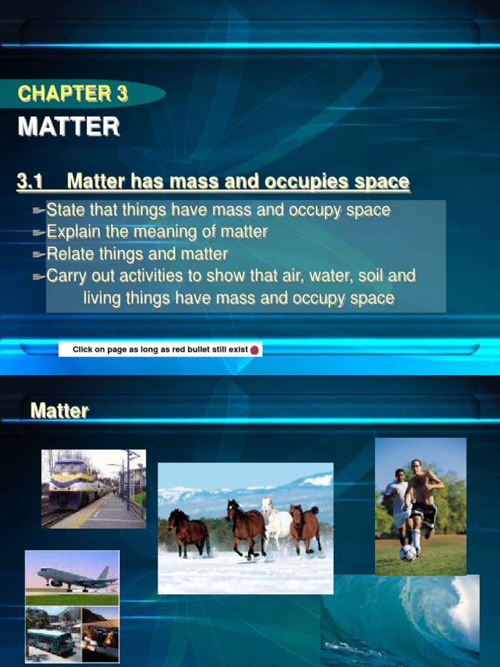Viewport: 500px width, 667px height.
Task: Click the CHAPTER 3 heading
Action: pyautogui.click(x=73, y=94)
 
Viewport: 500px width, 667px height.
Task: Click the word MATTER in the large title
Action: pyautogui.click(x=69, y=126)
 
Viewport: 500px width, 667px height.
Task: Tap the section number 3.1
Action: pyautogui.click(x=30, y=182)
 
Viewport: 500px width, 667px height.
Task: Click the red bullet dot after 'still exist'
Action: pyautogui.click(x=255, y=350)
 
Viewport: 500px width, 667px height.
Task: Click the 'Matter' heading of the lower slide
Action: pyautogui.click(x=59, y=411)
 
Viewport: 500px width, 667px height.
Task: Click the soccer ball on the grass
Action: pyautogui.click(x=408, y=552)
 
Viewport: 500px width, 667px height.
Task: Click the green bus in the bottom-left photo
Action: pyautogui.click(x=49, y=641)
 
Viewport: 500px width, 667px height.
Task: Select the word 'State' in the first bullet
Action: pyautogui.click(x=64, y=210)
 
